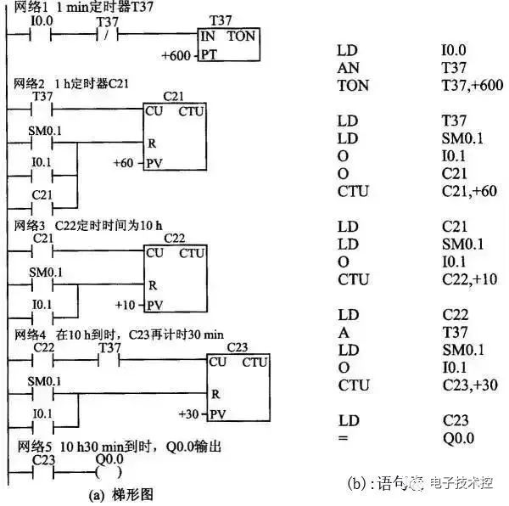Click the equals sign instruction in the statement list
click(342, 439)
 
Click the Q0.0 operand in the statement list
click(457, 439)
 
